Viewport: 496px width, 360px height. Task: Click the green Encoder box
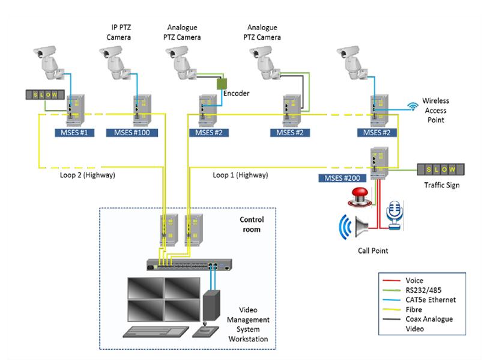coord(224,83)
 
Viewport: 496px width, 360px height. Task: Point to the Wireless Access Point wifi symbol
coord(413,106)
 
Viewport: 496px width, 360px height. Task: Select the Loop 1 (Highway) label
coord(240,175)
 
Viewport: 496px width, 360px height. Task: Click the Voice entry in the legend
coord(415,281)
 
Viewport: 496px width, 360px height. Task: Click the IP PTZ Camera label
coord(119,32)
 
